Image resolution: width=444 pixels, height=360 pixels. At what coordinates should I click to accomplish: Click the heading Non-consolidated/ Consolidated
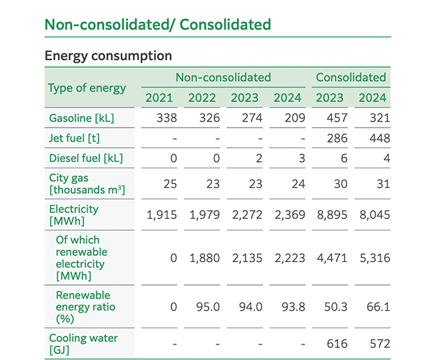tap(157, 25)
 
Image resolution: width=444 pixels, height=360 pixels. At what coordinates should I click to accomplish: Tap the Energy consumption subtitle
tap(108, 55)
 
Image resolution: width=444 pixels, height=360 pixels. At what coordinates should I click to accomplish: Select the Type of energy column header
tap(87, 88)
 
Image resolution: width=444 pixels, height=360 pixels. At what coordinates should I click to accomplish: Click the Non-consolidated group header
tap(223, 77)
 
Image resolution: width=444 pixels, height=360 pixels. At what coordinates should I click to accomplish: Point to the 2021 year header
tap(159, 98)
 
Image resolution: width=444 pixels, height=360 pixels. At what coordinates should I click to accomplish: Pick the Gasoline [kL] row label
tap(82, 118)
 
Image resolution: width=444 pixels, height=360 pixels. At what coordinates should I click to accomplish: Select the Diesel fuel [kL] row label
tap(86, 159)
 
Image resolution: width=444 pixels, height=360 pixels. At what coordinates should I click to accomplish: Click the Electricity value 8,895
tap(331, 215)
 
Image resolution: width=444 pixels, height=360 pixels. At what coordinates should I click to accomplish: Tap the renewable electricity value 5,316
tap(374, 258)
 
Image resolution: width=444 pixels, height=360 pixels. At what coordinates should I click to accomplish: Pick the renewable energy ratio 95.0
tap(207, 307)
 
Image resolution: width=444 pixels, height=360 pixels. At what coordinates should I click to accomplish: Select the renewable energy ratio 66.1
tap(379, 307)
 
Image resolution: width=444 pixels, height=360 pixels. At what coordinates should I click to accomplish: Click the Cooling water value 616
tap(337, 344)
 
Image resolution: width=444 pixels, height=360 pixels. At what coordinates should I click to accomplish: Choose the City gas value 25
tap(170, 184)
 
